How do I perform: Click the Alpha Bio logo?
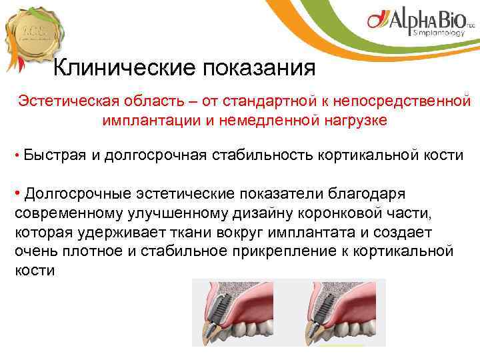pyautogui.click(x=421, y=23)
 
